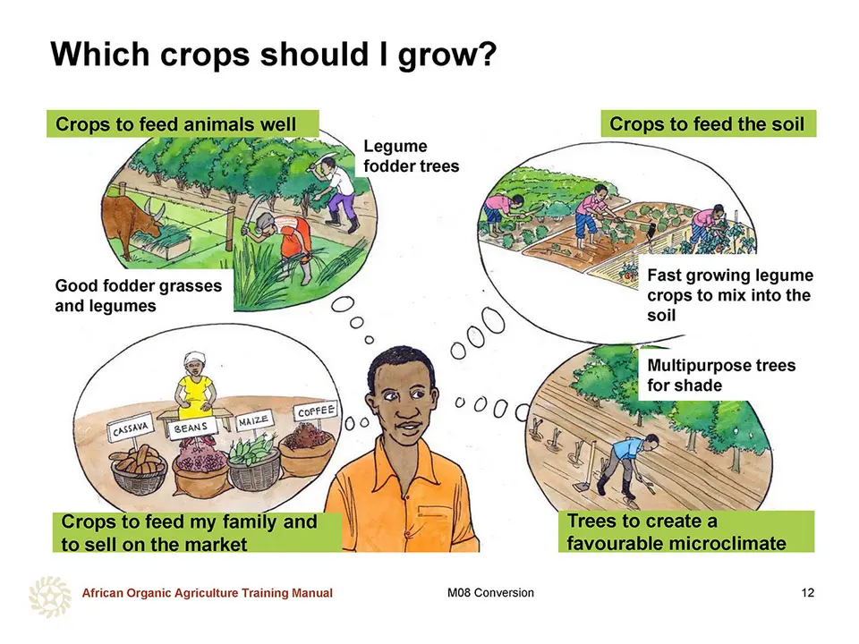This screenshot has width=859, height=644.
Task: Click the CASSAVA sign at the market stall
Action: click(131, 429)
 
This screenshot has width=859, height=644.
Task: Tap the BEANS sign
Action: click(191, 428)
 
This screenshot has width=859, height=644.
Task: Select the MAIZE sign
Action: click(254, 420)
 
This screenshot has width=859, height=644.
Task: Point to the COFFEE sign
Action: click(316, 411)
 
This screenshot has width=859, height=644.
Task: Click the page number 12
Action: click(807, 592)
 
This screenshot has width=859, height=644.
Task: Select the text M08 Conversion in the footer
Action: click(490, 592)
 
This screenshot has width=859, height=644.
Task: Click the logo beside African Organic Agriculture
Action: click(50, 596)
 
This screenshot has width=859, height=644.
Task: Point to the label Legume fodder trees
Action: click(412, 156)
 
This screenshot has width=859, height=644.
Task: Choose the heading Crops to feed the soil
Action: click(707, 123)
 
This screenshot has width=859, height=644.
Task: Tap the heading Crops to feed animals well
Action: click(176, 124)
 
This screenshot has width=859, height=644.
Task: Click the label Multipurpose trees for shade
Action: click(721, 375)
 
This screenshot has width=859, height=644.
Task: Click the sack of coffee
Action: click(307, 448)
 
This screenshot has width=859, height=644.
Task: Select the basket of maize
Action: click(253, 462)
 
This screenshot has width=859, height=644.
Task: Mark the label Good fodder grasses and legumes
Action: click(139, 296)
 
